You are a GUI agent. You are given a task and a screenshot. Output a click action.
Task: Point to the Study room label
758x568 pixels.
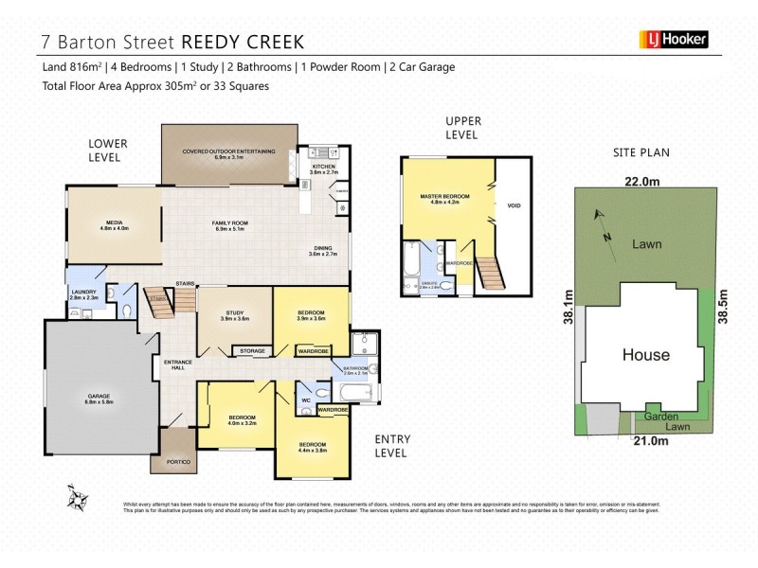[x=235, y=316]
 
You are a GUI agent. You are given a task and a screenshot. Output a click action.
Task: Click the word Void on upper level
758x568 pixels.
[x=514, y=205]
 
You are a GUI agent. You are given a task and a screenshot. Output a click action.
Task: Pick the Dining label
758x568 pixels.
[x=324, y=251]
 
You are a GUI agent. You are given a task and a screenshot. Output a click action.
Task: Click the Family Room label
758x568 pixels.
[x=228, y=224]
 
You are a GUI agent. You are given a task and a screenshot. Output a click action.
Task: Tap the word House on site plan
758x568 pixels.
[x=645, y=356]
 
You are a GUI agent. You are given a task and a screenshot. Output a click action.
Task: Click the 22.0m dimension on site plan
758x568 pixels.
[x=642, y=181]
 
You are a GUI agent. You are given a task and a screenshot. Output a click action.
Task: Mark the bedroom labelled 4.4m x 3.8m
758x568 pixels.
[x=313, y=448]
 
